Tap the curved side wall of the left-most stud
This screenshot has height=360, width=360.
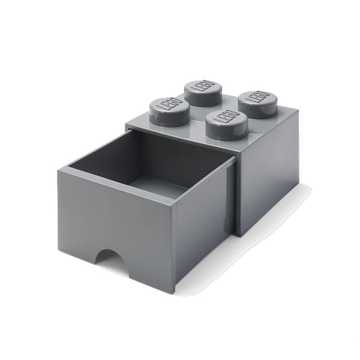point(168,118)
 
